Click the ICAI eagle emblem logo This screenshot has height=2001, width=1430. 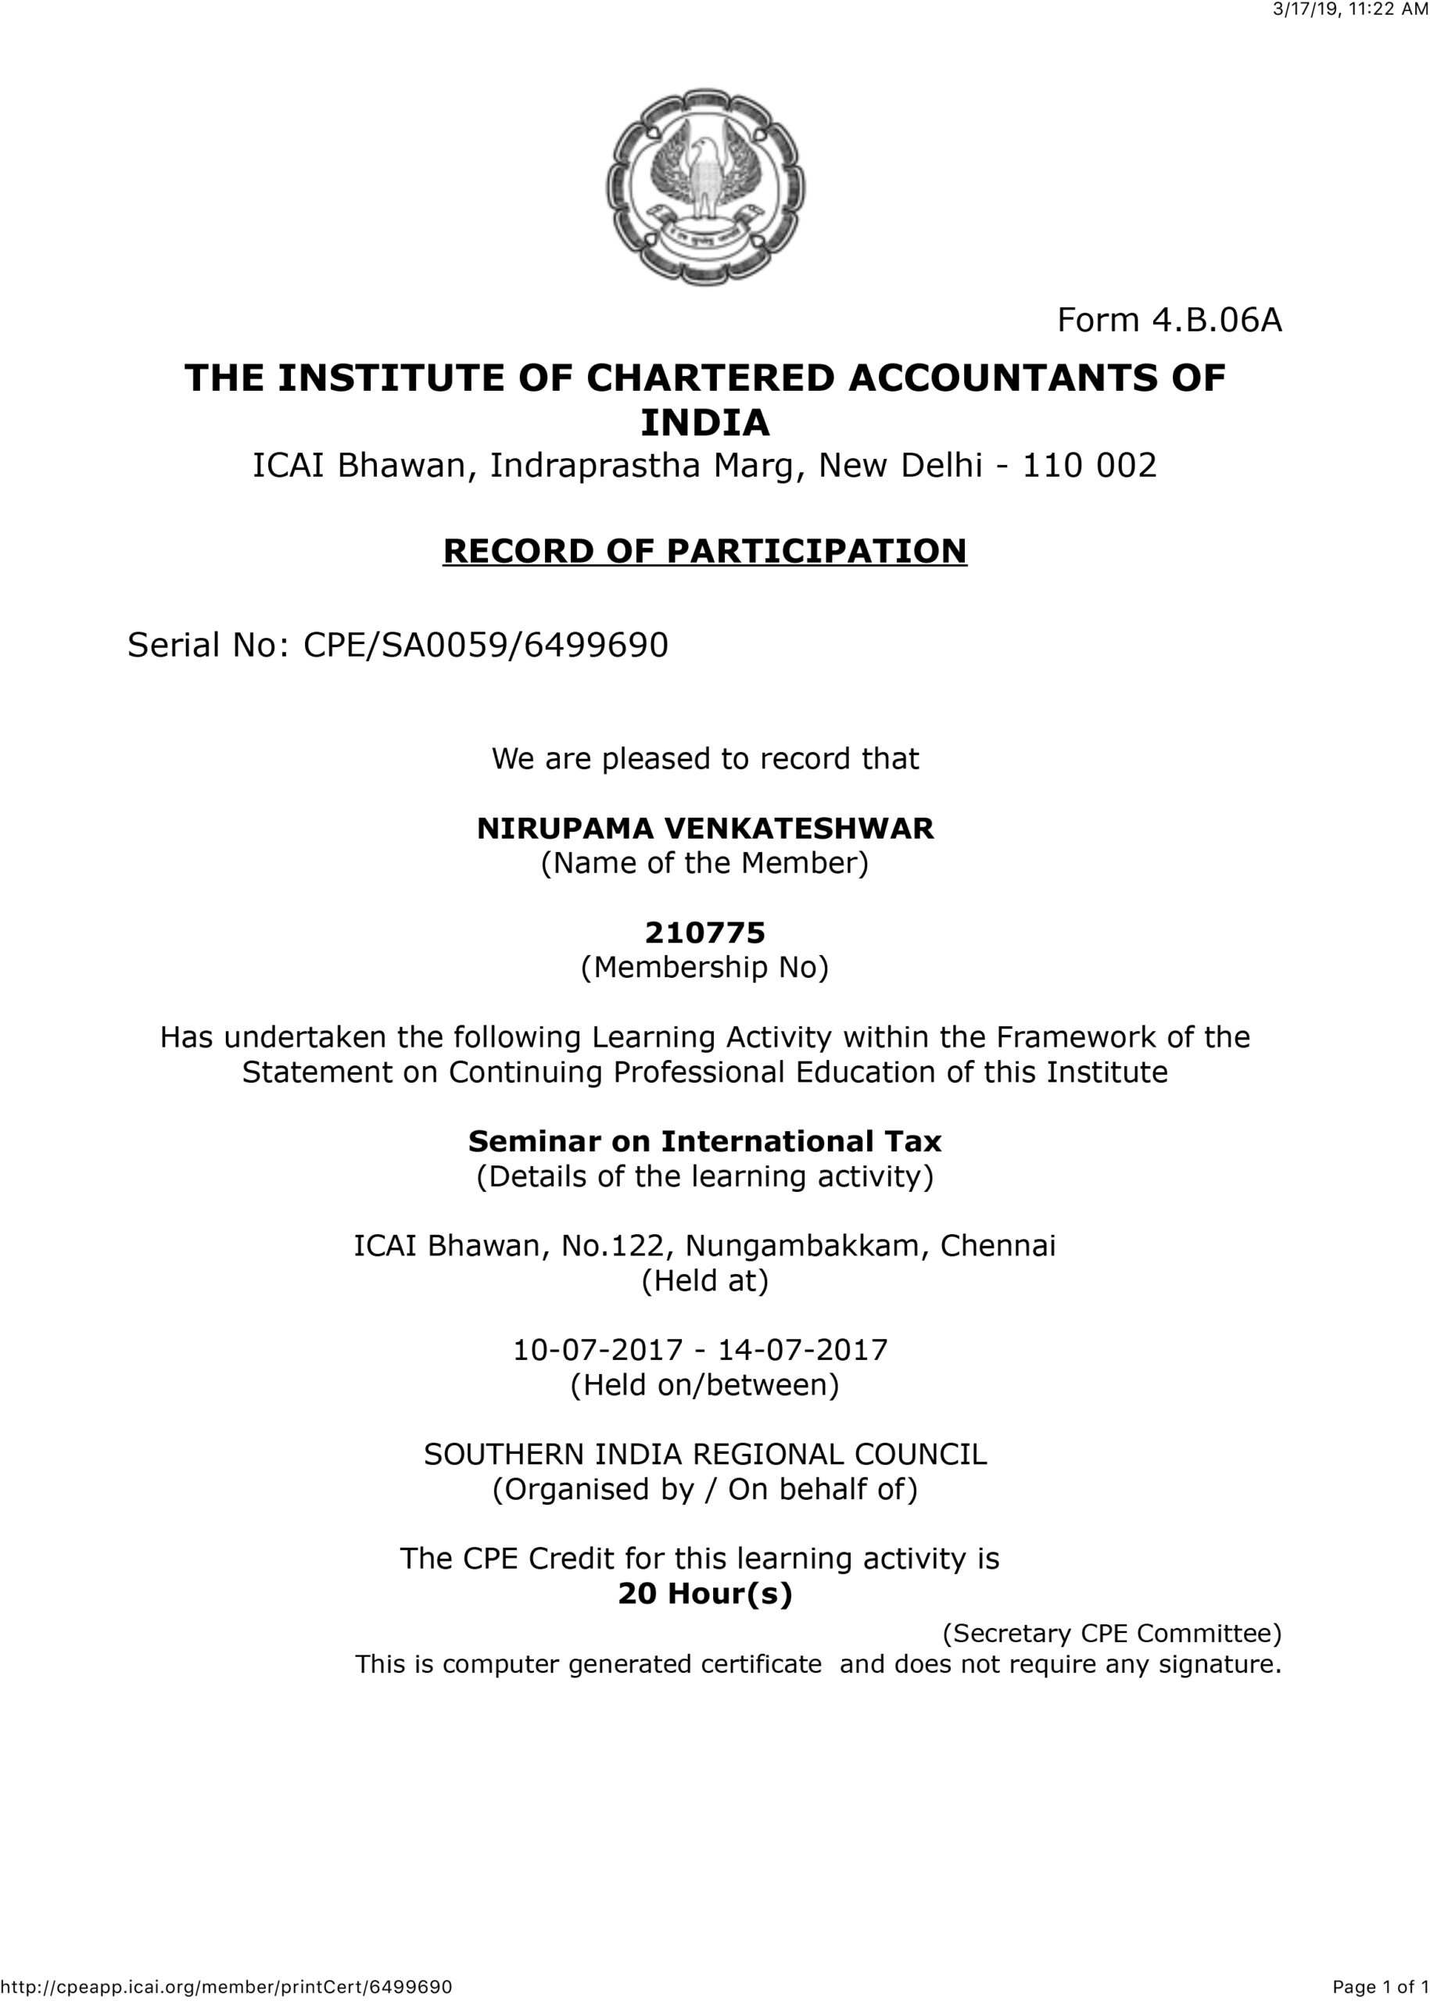pyautogui.click(x=704, y=187)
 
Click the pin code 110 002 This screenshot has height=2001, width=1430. pyautogui.click(x=1088, y=466)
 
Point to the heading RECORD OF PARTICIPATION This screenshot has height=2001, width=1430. pyautogui.click(x=704, y=551)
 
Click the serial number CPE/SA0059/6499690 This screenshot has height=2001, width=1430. pyautogui.click(x=486, y=646)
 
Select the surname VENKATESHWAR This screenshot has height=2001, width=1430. pyautogui.click(x=798, y=829)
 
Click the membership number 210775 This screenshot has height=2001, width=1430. pyautogui.click(x=704, y=932)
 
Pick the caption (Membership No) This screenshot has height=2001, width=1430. pyautogui.click(x=704, y=968)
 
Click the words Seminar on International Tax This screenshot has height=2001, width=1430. pyautogui.click(x=704, y=1142)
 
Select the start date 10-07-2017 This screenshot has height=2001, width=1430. pyautogui.click(x=598, y=1351)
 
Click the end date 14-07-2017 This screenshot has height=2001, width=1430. pyautogui.click(x=803, y=1351)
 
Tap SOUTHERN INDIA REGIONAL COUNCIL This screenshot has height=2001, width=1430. pyautogui.click(x=704, y=1455)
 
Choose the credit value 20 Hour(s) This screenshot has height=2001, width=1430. pyautogui.click(x=704, y=1595)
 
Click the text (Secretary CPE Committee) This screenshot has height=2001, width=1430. pyautogui.click(x=1112, y=1634)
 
